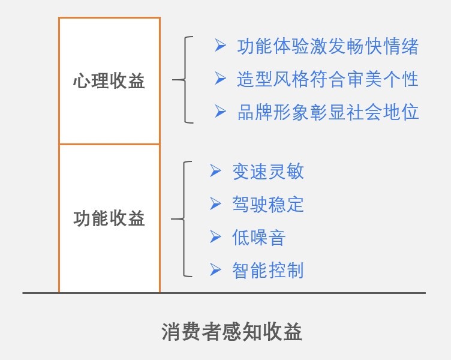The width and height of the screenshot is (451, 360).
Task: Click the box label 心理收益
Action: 109,81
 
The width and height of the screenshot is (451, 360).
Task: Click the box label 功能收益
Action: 109,218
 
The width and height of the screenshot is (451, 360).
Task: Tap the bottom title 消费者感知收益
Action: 231,332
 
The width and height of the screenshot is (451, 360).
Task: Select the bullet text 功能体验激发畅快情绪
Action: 327,47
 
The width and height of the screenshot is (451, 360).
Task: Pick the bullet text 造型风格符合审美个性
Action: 327,79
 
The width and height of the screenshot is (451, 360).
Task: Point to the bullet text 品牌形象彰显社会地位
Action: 327,112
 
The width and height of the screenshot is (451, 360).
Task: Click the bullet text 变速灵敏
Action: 267,172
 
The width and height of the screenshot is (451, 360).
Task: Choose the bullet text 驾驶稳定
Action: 267,204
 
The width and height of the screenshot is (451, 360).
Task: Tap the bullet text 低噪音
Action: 258,238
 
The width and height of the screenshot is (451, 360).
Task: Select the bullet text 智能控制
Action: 267,270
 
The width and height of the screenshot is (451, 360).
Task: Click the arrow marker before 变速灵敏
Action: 216,171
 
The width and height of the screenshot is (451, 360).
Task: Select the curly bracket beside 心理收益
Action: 185,79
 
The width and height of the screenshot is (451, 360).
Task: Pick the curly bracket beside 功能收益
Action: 185,219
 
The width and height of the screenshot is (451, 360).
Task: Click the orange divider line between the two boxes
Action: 109,144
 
